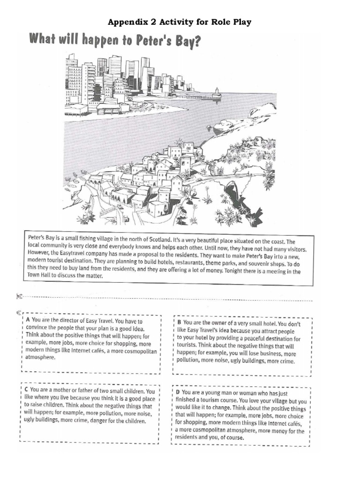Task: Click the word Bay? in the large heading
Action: pos(185,42)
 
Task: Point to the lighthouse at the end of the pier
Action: pos(216,92)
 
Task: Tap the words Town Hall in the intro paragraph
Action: pos(42,277)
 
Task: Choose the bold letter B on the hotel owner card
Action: pos(179,323)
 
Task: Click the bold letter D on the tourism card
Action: pos(178,392)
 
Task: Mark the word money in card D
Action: pos(277,430)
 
